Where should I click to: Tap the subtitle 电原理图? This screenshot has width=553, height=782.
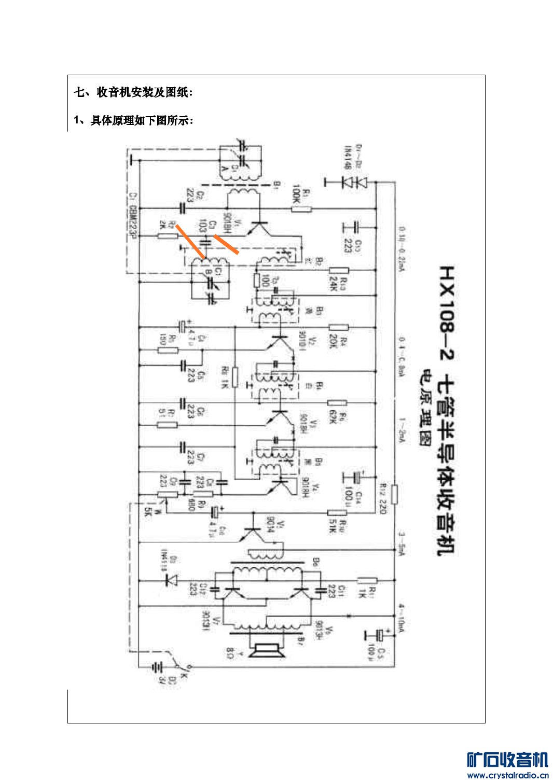[426, 407]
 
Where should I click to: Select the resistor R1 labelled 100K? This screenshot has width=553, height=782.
[301, 209]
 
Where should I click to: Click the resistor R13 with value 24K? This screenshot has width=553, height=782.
[339, 270]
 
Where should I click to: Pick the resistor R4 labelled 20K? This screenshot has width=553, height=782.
[338, 327]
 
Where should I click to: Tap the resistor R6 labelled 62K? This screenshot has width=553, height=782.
[337, 403]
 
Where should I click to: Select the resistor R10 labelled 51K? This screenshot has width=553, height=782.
[337, 513]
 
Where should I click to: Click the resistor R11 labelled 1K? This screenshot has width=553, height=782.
[367, 580]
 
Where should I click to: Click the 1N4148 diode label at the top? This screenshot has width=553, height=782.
[348, 157]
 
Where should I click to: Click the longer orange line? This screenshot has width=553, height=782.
[190, 242]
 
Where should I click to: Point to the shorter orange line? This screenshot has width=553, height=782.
[226, 244]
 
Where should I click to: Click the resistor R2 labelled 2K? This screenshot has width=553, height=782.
[167, 236]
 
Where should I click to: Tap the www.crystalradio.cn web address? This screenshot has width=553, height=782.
[507, 775]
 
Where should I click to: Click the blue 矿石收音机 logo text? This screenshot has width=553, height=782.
[507, 760]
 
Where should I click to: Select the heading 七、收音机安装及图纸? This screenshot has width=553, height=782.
[133, 92]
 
